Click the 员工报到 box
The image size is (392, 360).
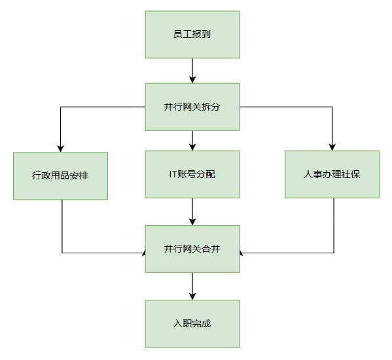pos(192,35)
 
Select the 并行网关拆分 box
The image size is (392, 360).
pos(192,107)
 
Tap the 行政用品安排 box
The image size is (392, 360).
pos(60,176)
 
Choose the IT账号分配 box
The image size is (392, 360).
pos(192,174)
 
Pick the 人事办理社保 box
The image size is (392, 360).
pos(332,174)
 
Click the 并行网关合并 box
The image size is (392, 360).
pos(192,249)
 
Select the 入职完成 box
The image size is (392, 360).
pos(192,323)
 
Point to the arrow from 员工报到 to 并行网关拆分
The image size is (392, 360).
pos(192,71)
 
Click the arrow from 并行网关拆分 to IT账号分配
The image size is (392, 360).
pos(192,141)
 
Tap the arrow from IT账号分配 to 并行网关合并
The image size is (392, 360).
pos(192,212)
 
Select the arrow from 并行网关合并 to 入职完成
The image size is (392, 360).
pos(192,286)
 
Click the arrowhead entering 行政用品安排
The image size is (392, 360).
pos(60,149)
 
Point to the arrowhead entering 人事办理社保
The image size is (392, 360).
pos(332,147)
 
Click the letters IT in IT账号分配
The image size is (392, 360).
pos(173,174)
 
